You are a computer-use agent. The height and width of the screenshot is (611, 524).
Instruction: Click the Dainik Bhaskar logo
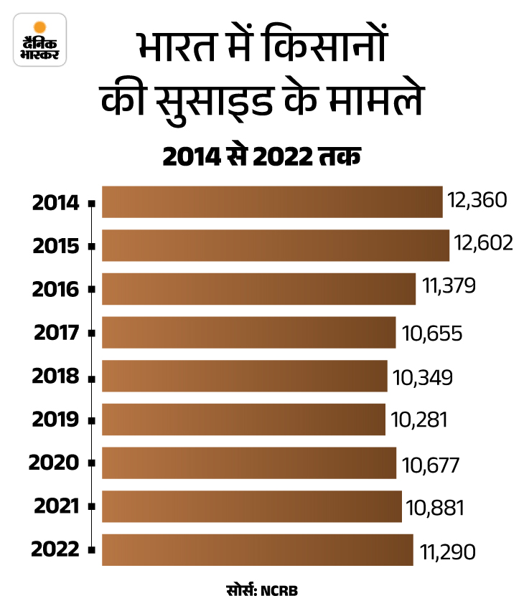pyautogui.click(x=40, y=40)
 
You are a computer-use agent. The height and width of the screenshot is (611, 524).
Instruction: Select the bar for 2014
pyautogui.click(x=272, y=202)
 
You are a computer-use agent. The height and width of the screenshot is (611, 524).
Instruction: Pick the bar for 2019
pyautogui.click(x=243, y=420)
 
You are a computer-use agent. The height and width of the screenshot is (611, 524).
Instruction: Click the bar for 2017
pyautogui.click(x=248, y=332)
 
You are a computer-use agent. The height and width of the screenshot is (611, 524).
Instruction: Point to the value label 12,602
pyautogui.click(x=482, y=244)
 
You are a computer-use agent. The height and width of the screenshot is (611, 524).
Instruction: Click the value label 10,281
pyautogui.click(x=418, y=419)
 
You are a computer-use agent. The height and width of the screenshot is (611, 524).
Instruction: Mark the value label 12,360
pyautogui.click(x=476, y=200)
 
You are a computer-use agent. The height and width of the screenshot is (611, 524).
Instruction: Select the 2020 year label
pyautogui.click(x=54, y=463)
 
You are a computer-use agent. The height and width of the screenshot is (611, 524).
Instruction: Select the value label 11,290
pyautogui.click(x=445, y=551)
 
